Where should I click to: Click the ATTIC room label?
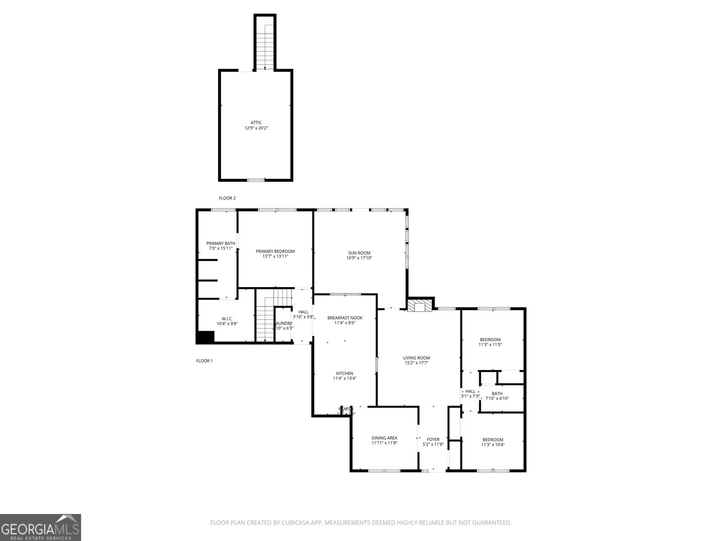pyautogui.click(x=256, y=123)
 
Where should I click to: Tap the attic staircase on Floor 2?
pyautogui.click(x=265, y=45)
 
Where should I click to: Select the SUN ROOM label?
pyautogui.click(x=359, y=253)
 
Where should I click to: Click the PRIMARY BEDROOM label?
pyautogui.click(x=275, y=252)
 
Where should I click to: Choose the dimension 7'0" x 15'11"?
pyautogui.click(x=221, y=248)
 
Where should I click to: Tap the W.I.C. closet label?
pyautogui.click(x=227, y=318)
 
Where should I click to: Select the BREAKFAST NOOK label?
pyautogui.click(x=345, y=318)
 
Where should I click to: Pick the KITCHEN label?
pyautogui.click(x=344, y=373)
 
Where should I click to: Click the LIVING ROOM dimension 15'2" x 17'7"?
pyautogui.click(x=416, y=363)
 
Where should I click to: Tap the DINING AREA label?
pyautogui.click(x=384, y=438)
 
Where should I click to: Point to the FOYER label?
pyautogui.click(x=433, y=439)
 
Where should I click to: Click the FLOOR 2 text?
pyautogui.click(x=227, y=198)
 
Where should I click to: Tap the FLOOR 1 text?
pyautogui.click(x=204, y=361)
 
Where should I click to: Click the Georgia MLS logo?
pyautogui.click(x=41, y=527)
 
